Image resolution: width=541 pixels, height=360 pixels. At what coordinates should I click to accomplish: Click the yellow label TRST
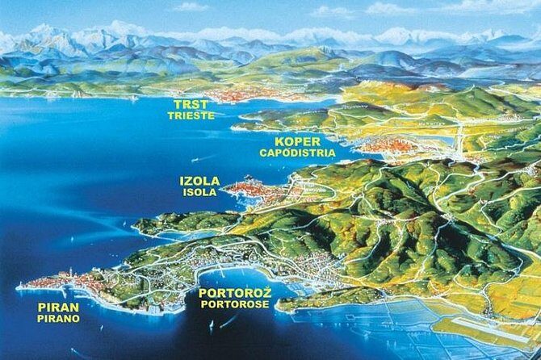(191, 104)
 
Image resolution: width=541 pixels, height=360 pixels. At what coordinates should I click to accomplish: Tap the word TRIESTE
(191, 115)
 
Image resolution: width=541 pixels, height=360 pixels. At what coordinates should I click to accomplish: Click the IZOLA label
(199, 181)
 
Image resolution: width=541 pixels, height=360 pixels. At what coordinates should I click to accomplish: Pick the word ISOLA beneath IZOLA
(199, 193)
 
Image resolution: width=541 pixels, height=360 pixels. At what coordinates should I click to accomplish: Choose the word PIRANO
(58, 319)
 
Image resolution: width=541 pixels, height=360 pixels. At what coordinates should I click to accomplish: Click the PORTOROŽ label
(235, 292)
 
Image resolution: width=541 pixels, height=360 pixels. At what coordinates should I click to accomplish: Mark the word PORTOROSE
(235, 304)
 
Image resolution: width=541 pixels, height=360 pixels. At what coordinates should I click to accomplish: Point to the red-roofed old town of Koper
(380, 146)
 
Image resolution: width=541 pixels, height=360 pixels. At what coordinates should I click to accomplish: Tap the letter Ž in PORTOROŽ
(266, 291)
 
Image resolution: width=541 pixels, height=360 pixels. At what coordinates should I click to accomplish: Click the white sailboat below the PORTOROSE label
(212, 324)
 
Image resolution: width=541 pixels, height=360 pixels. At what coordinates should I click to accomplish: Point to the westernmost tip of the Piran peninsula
(18, 286)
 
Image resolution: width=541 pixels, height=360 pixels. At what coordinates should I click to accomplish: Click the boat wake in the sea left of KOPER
(242, 129)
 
